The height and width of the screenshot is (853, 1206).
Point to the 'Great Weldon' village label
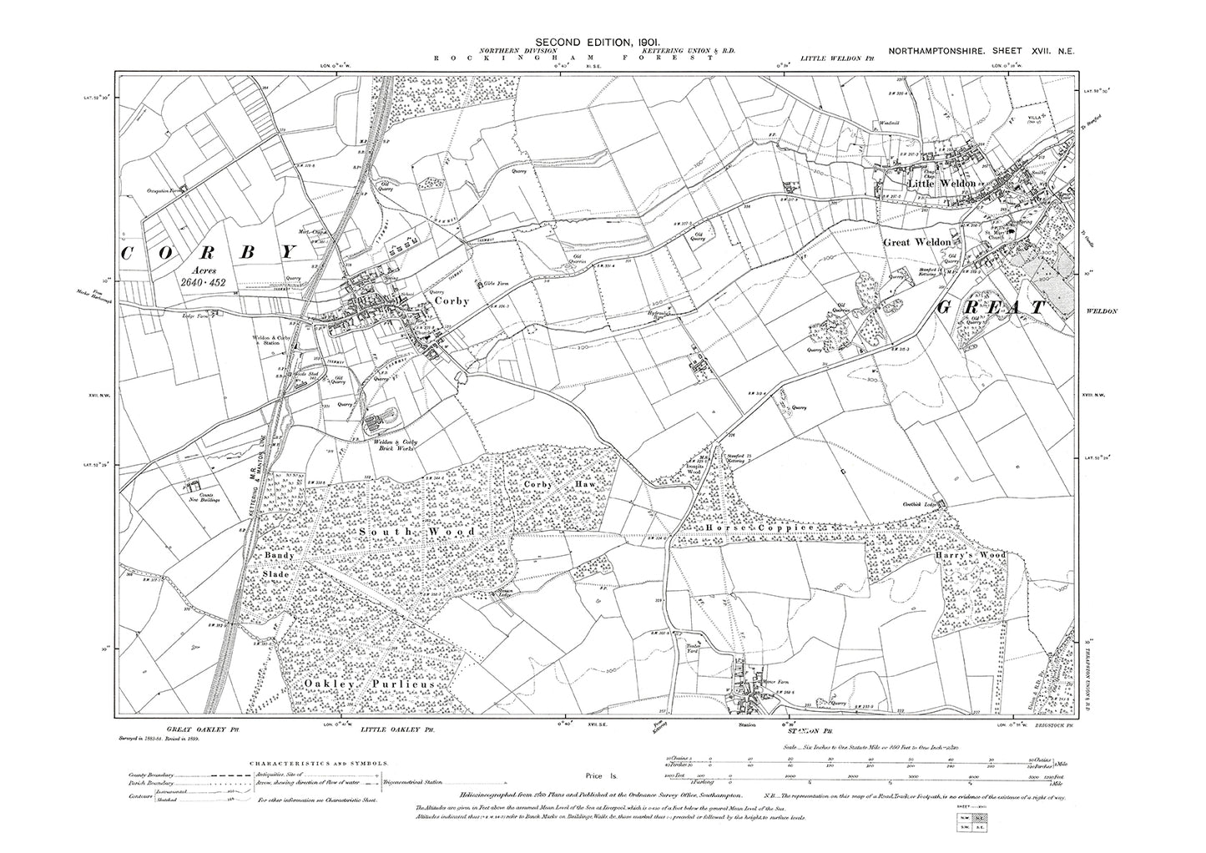pos(916,242)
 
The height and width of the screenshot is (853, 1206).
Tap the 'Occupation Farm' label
pos(164,190)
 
